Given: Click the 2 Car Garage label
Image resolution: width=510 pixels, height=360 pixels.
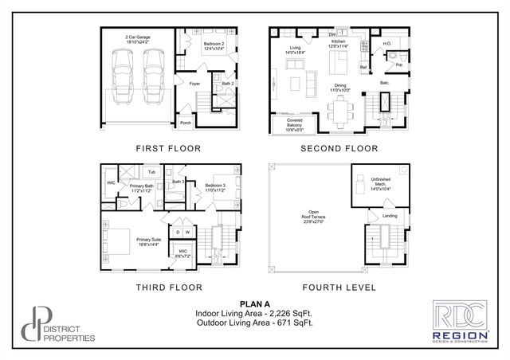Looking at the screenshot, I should coord(137,39).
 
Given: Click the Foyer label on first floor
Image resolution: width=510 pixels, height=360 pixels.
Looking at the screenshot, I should coord(194,84).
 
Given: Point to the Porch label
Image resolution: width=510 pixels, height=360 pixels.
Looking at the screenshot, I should coord(185,123).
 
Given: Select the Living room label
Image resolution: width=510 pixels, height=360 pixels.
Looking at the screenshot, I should coord(296,49).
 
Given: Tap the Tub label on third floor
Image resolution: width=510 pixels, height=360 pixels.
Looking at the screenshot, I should coord(150,171).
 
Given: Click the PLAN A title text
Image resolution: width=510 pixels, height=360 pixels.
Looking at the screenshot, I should coord(254,304).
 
